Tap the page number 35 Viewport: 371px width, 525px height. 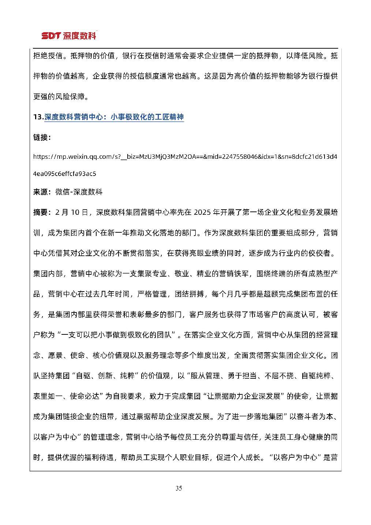pos(179,488)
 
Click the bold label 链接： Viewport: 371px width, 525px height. pos(42,137)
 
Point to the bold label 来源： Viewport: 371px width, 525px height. pos(42,192)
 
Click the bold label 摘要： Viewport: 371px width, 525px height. pos(42,213)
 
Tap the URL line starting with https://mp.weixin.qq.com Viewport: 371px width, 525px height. pos(185,157)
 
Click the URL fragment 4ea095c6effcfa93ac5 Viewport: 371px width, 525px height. pos(64,173)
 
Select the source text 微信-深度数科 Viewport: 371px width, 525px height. pos(79,192)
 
